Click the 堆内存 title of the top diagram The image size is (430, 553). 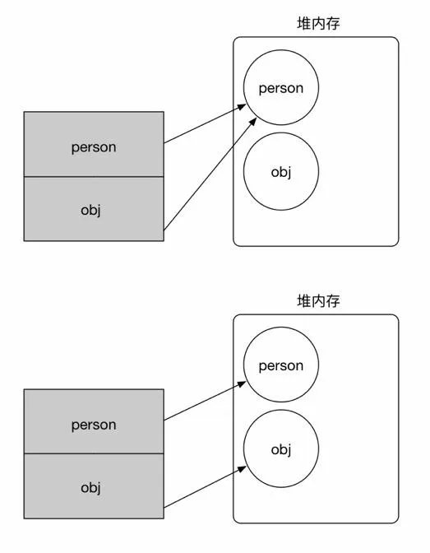coord(318,24)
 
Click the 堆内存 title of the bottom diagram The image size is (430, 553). coord(318,301)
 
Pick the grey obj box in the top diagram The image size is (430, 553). coord(94,209)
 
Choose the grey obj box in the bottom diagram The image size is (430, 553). coord(94,486)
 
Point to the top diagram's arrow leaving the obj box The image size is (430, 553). coord(206,174)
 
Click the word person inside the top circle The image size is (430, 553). coord(281,88)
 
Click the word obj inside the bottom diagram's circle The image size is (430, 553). coord(281,449)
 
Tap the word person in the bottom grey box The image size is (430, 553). coord(94,425)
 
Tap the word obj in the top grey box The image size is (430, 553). coord(90,209)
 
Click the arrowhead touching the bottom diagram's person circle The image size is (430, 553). coord(242,383)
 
